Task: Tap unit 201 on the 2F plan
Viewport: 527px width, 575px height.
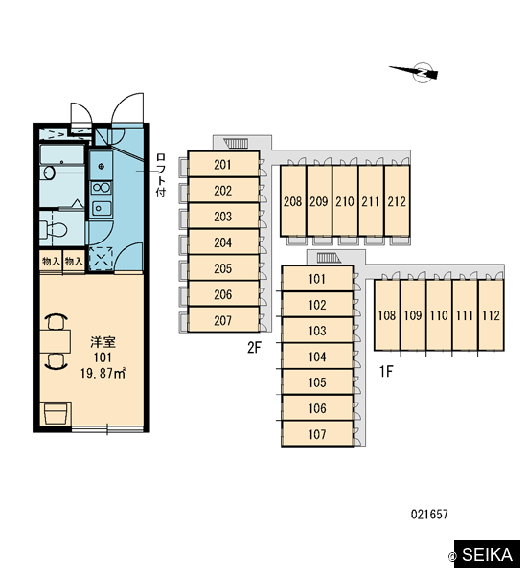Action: pos(223,164)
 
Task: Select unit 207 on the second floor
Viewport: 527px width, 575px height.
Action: pos(223,320)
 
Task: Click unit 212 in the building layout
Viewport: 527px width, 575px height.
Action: pos(397,201)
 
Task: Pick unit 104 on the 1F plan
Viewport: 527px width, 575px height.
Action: pos(317,356)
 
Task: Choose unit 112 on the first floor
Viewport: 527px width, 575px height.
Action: pos(491,315)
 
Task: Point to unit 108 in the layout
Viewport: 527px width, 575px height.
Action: pos(387,315)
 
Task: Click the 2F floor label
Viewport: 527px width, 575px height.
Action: pos(254,347)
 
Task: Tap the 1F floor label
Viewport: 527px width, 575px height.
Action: pos(386,372)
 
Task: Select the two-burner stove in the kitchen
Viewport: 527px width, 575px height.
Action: pos(101,188)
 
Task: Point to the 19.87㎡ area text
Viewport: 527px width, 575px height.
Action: pos(103,374)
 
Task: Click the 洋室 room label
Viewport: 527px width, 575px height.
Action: pos(103,342)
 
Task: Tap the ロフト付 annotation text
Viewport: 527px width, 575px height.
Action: pos(161,175)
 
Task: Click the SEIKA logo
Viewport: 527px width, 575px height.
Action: pos(487,554)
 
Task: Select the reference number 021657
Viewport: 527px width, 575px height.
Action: pos(429,515)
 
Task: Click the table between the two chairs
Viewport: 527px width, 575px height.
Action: pos(55,341)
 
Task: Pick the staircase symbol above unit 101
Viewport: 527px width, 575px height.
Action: pos(328,258)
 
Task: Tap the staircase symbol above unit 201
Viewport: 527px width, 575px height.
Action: pos(237,144)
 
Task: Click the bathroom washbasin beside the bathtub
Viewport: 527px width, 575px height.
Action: pos(49,172)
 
